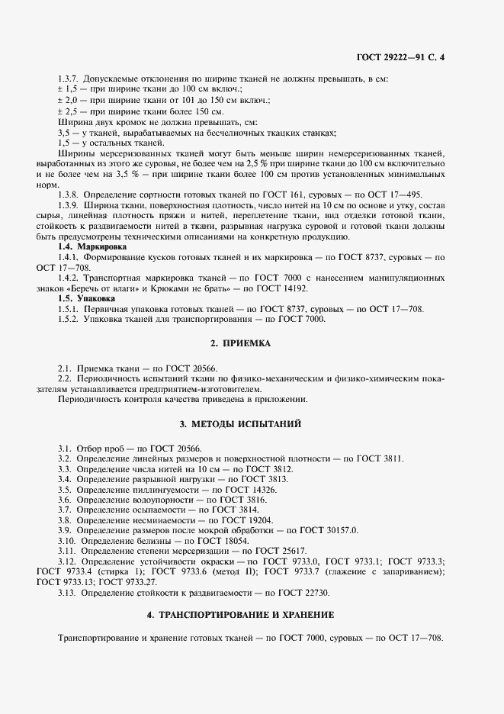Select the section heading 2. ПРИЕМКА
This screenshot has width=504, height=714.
pyautogui.click(x=251, y=344)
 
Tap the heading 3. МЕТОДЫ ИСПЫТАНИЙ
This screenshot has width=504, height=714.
pyautogui.click(x=251, y=423)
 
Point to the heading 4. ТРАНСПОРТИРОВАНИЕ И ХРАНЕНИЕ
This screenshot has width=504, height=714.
pyautogui.click(x=251, y=614)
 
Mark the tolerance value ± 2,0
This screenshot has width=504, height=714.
pyautogui.click(x=68, y=101)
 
